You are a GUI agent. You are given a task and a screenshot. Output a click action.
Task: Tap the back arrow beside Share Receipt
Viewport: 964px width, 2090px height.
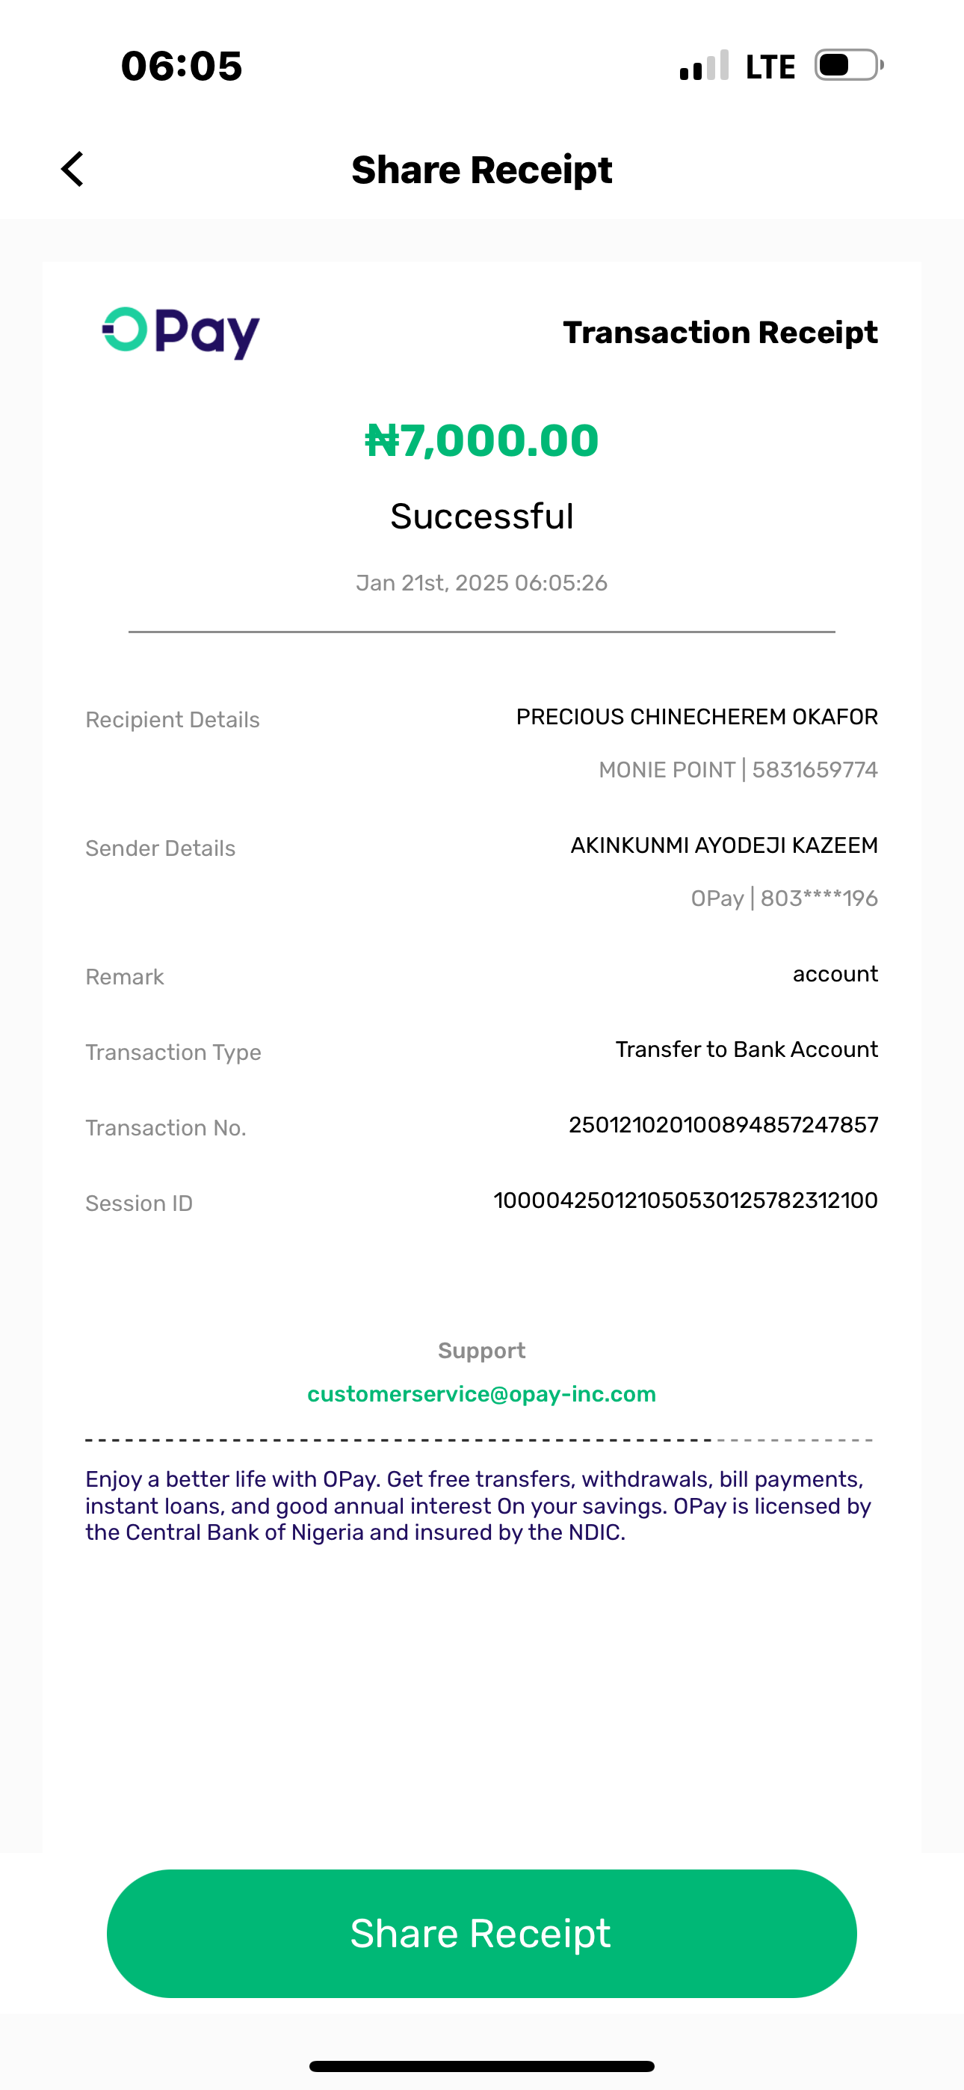73,169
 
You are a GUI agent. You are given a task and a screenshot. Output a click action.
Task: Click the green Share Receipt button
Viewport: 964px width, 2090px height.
481,1934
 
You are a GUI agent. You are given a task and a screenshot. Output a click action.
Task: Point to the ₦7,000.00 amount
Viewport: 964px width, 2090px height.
481,440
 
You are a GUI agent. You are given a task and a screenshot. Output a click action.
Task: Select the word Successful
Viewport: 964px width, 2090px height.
481,516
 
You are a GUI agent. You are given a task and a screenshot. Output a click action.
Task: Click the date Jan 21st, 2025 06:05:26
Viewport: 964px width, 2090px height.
481,582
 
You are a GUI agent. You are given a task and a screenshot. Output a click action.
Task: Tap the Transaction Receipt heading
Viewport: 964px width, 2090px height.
720,332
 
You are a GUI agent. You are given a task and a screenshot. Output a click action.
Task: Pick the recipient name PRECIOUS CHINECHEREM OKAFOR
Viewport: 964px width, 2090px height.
696,717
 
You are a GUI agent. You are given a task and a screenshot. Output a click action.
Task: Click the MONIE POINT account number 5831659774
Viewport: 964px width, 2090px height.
814,769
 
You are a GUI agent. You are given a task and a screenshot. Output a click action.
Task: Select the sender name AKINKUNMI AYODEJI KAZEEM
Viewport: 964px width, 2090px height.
724,845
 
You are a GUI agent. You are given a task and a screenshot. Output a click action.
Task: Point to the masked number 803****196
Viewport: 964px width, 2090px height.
819,898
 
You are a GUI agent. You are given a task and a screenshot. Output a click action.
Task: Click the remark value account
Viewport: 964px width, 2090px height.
835,973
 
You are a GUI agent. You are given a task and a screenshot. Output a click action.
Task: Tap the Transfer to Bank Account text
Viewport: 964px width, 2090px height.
746,1049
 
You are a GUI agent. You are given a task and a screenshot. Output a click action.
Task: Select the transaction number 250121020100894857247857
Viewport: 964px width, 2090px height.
723,1124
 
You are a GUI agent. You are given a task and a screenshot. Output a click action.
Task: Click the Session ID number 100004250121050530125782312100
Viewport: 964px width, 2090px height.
685,1200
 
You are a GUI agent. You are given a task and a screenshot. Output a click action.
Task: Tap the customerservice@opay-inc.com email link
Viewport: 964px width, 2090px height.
481,1394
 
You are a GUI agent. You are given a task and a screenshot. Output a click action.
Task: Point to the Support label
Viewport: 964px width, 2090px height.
481,1350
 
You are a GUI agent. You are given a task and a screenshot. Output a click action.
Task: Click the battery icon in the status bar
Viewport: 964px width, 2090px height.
848,65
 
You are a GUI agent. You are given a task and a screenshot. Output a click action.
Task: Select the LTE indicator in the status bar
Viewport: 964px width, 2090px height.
770,67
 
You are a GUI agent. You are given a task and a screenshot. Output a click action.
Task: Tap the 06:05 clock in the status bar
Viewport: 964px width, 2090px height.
181,66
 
